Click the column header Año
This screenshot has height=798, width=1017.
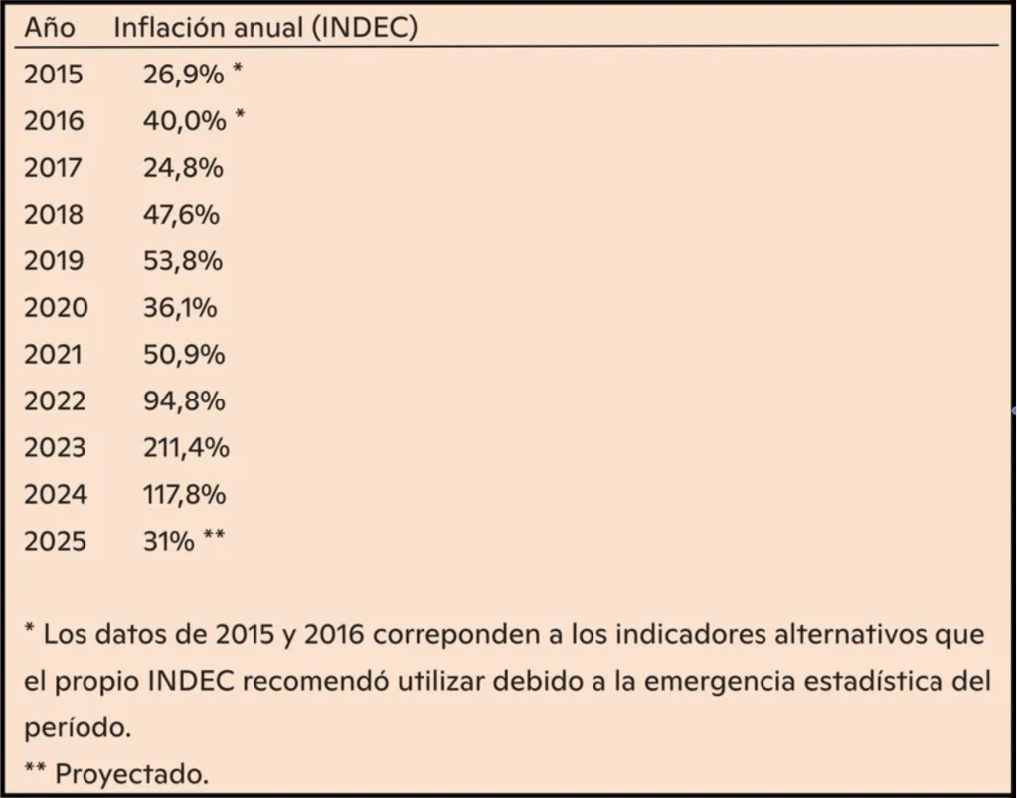click(x=49, y=27)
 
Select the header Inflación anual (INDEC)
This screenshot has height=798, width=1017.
click(x=264, y=27)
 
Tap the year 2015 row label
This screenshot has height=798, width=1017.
click(x=55, y=75)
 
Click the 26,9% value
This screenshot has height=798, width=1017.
click(x=184, y=75)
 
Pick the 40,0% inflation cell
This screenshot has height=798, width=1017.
click(x=184, y=121)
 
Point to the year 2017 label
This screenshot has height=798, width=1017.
click(x=55, y=168)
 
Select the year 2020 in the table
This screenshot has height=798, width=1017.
click(x=56, y=308)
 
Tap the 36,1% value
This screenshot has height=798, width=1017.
click(x=180, y=308)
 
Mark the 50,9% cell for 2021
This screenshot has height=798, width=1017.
click(x=184, y=355)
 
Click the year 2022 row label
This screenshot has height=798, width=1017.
click(x=56, y=401)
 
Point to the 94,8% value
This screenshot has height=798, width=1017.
click(x=184, y=401)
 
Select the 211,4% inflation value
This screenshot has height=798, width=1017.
click(x=186, y=448)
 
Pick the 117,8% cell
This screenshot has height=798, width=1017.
click(x=184, y=495)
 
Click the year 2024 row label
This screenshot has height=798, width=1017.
click(x=56, y=495)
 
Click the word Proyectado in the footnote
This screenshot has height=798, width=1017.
click(x=131, y=774)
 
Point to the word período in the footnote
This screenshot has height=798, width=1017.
click(x=77, y=728)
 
